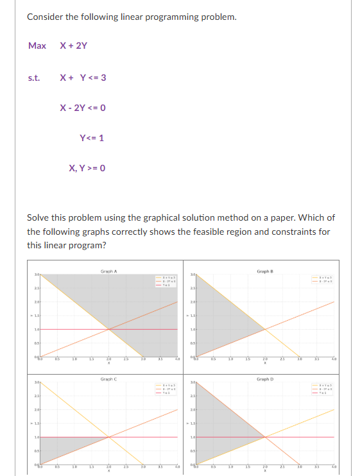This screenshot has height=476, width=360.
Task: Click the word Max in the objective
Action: tap(37, 46)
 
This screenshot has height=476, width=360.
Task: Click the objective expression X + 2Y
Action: tap(73, 46)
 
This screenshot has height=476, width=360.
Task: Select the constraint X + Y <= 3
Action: tap(83, 78)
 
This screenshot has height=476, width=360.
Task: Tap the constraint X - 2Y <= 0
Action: tap(82, 107)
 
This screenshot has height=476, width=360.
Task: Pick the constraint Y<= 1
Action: tap(91, 137)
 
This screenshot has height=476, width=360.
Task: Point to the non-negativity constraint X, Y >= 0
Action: tap(87, 168)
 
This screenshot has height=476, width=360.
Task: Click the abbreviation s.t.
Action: tap(34, 78)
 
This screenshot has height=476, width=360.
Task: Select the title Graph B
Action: tap(264, 271)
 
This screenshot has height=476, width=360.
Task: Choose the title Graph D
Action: tap(264, 379)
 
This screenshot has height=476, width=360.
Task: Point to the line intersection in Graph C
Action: tap(108, 437)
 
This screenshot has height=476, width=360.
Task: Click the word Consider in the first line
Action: tap(44, 16)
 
